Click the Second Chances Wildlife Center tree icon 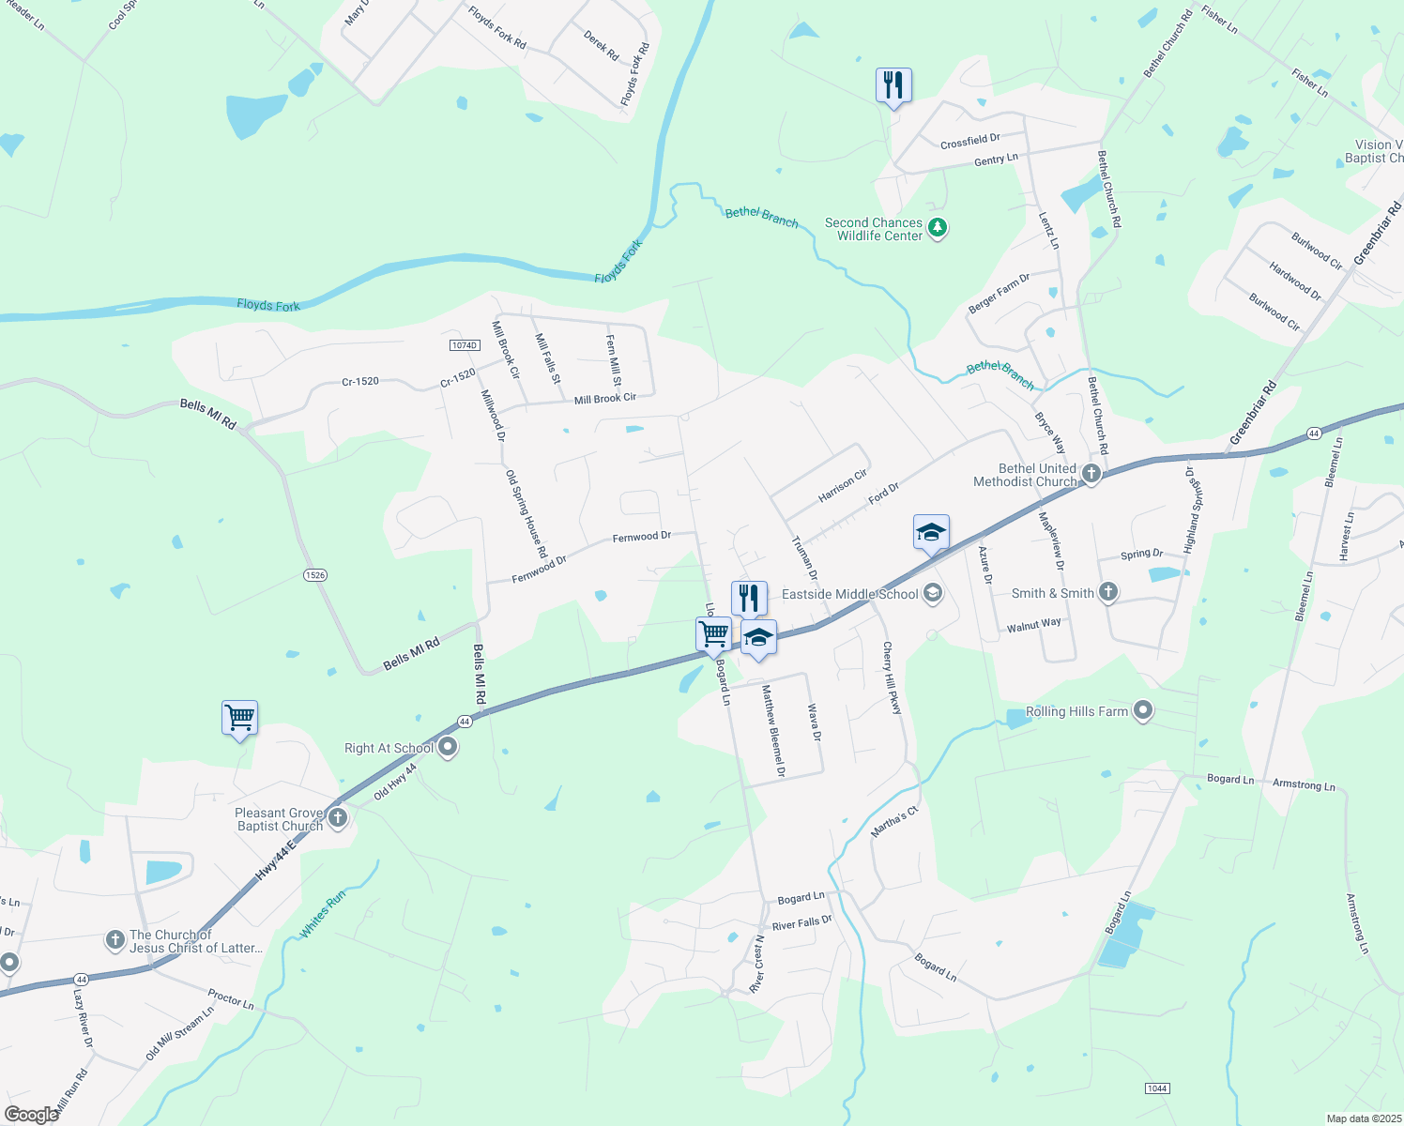(937, 228)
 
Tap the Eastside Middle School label (850, 594)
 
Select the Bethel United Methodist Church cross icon (1091, 474)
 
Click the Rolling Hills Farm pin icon (1142, 711)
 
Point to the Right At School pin (448, 748)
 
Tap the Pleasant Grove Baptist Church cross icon (338, 818)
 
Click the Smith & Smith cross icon (1108, 592)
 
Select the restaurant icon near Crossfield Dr (893, 85)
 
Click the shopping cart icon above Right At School (240, 718)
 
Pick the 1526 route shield (315, 575)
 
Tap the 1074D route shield (465, 345)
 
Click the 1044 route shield (1157, 1088)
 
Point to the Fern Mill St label (614, 360)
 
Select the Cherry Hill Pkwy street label (892, 678)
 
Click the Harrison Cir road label (843, 485)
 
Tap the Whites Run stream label (323, 913)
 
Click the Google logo (31, 1115)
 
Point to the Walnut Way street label (1033, 624)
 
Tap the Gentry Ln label (996, 160)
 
